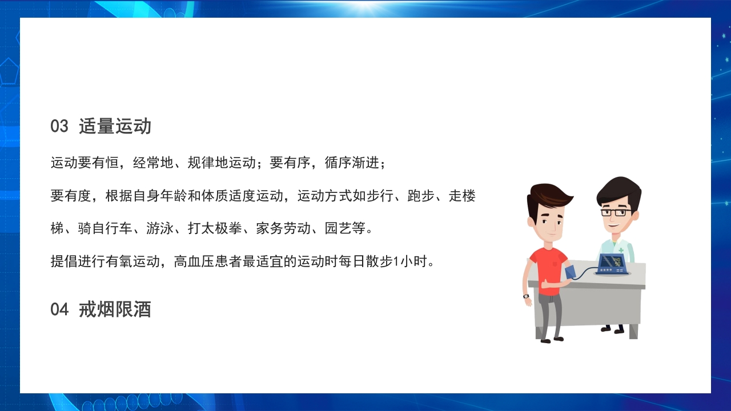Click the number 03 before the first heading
click(x=59, y=126)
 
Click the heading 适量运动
click(x=115, y=126)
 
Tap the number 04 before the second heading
click(x=59, y=309)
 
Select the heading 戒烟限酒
click(x=115, y=309)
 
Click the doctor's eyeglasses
click(x=616, y=212)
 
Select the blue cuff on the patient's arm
click(x=570, y=272)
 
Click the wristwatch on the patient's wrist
click(x=526, y=296)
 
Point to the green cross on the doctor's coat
click(x=621, y=250)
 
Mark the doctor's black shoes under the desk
click(x=612, y=329)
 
